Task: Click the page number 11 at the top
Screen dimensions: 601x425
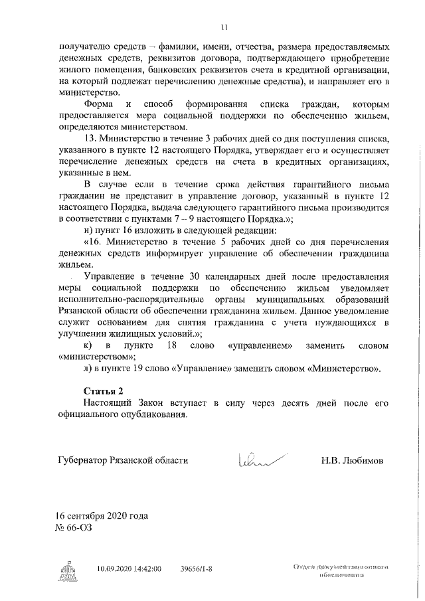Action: coord(224,27)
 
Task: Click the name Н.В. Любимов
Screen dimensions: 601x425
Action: coord(353,460)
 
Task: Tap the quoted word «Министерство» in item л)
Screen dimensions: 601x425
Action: coord(345,368)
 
